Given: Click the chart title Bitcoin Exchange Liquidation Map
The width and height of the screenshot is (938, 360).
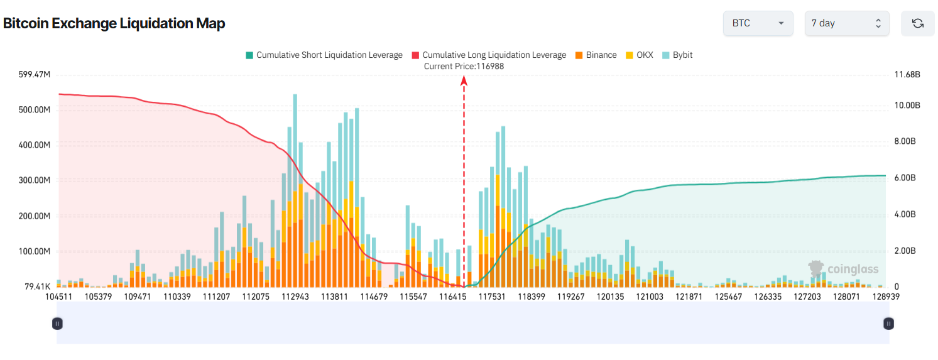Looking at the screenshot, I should click(114, 23).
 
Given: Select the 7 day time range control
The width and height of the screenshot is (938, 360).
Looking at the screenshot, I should click(846, 23).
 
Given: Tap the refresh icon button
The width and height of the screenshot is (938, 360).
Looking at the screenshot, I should click(917, 23).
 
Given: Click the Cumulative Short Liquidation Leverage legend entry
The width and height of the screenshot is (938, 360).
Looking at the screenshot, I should click(324, 55).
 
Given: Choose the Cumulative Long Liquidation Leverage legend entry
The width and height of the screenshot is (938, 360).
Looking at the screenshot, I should click(489, 55).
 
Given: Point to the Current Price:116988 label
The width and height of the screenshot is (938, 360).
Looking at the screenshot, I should click(464, 66).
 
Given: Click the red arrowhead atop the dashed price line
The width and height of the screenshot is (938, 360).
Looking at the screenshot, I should click(464, 80).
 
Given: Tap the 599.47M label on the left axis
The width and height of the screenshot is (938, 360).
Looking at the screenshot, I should click(35, 75).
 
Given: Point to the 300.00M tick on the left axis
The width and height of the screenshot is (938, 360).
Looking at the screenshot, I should click(35, 180).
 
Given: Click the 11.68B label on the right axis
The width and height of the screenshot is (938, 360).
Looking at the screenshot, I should click(907, 75).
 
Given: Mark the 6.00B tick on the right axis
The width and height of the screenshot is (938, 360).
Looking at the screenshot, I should click(905, 178).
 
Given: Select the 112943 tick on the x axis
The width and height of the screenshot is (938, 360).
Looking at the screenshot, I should click(295, 296).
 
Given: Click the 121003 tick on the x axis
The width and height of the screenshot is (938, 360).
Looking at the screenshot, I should click(650, 296).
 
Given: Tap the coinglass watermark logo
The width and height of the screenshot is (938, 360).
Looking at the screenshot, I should click(843, 269).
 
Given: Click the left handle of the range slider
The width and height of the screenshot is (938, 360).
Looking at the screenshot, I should click(57, 324).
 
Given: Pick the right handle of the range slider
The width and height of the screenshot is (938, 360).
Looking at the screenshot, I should click(888, 324).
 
